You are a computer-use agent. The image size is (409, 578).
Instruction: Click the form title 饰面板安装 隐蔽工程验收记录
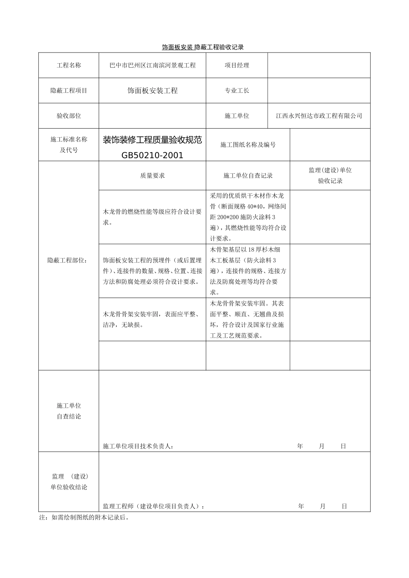[x=203, y=47]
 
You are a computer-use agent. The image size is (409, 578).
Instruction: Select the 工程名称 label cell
[x=69, y=65]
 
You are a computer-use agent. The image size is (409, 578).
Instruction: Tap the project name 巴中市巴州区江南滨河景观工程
[x=152, y=65]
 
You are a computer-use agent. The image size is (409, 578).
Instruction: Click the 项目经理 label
[x=237, y=65]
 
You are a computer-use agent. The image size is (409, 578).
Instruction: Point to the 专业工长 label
[x=237, y=91]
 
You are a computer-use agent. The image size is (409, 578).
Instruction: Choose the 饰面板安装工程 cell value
[x=152, y=91]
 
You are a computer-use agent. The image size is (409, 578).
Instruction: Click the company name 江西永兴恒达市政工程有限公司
[x=319, y=116]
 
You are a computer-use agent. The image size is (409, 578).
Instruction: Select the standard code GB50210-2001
[x=152, y=155]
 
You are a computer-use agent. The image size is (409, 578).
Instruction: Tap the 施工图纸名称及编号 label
[x=248, y=145]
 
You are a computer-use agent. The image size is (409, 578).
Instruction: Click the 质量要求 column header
[x=152, y=175]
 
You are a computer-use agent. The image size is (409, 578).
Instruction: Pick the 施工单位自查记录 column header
[x=248, y=175]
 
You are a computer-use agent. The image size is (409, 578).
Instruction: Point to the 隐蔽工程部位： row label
[x=69, y=260]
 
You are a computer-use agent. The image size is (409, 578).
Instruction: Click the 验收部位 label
[x=69, y=116]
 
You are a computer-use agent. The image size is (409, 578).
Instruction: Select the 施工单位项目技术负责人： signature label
[x=138, y=446]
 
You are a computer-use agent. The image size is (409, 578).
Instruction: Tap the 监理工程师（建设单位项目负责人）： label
[x=154, y=507]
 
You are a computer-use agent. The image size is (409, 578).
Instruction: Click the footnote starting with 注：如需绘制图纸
[x=84, y=518]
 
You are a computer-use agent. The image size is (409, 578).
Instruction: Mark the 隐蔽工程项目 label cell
[x=69, y=91]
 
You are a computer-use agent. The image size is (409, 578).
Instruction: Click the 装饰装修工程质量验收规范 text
[x=152, y=140]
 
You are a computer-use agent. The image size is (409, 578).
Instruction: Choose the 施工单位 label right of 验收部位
[x=237, y=116]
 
